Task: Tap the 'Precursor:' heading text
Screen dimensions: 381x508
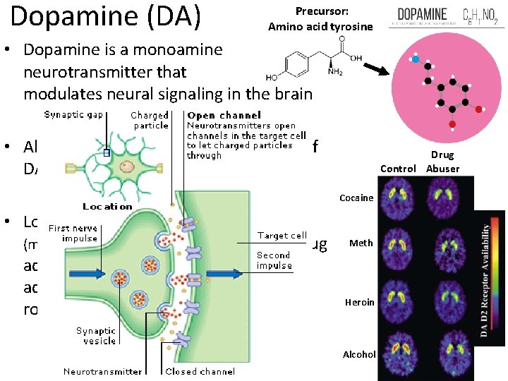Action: click(x=320, y=11)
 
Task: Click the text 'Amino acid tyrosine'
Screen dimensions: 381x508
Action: click(x=320, y=27)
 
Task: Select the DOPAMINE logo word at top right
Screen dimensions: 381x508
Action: click(x=423, y=13)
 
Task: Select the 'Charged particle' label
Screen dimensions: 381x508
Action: click(x=150, y=120)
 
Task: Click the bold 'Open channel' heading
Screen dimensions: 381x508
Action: click(x=224, y=115)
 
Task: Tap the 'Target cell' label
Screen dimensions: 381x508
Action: click(x=282, y=236)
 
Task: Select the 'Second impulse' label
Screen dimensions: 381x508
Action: click(x=273, y=260)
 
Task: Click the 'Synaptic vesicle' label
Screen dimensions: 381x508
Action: click(x=96, y=336)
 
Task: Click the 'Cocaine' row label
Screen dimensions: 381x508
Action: click(x=357, y=198)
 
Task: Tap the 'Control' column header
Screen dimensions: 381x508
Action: click(x=398, y=169)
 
